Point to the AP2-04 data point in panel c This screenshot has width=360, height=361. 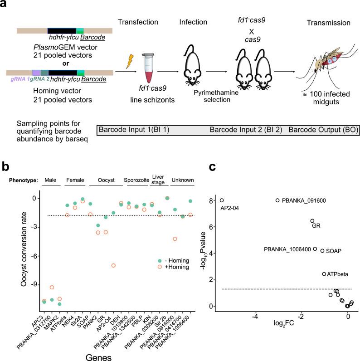(x=222, y=200)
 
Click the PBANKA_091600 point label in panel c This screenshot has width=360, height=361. (x=304, y=200)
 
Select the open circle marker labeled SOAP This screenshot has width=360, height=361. (x=322, y=250)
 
